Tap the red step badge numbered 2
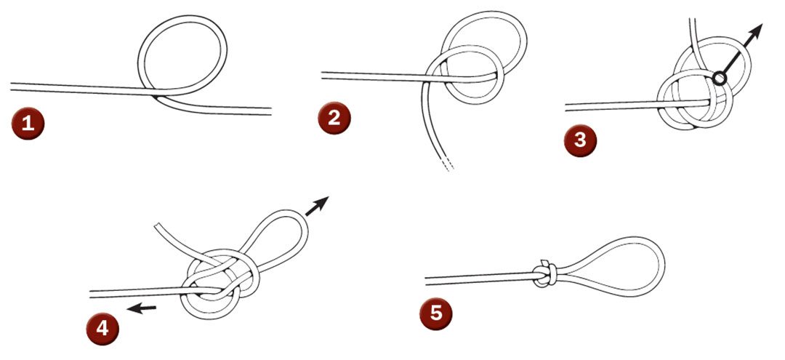(x=334, y=117)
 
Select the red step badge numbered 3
(x=579, y=139)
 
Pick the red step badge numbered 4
(x=102, y=327)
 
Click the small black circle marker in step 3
(x=719, y=78)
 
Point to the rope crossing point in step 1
(x=159, y=92)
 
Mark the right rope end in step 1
(x=270, y=111)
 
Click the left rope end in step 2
(x=323, y=73)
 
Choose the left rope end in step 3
(x=568, y=108)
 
